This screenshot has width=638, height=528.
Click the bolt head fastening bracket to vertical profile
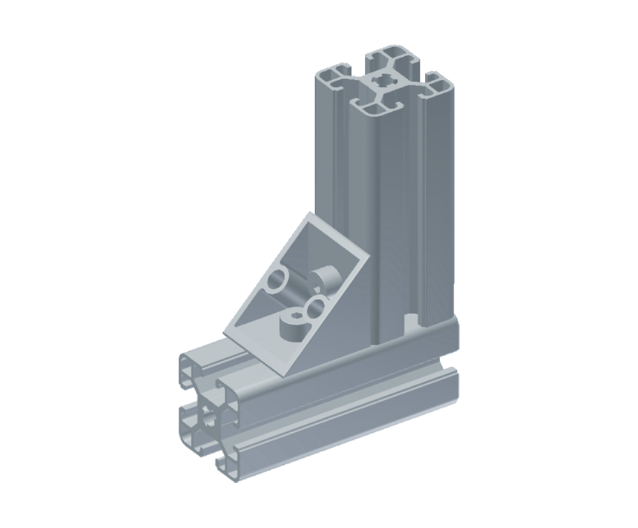coord(326,278)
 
